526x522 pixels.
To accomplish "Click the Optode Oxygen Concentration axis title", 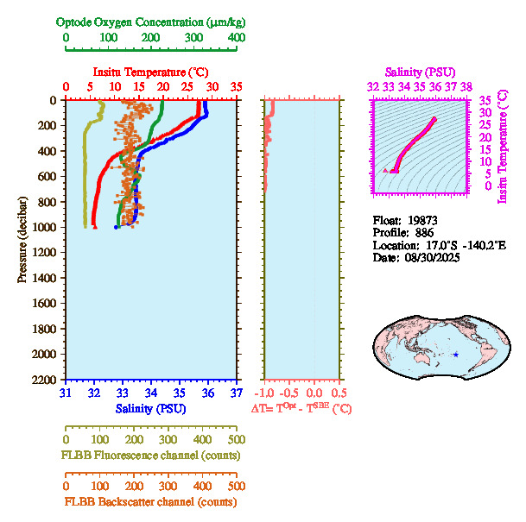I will coord(151,22).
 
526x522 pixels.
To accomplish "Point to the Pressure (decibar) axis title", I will coord(22,239).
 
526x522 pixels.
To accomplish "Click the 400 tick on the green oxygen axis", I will coord(236,38).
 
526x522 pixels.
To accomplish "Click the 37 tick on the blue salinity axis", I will coord(237,393).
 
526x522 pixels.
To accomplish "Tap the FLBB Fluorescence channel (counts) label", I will coord(150,455).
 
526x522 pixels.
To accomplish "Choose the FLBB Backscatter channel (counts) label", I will coord(150,501).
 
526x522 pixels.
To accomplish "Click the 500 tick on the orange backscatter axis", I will coord(236,487).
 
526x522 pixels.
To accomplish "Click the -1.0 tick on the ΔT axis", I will coord(268,393).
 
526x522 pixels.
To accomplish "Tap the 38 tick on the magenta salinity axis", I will coord(466,86).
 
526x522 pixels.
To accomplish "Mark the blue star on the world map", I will coord(456,355).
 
